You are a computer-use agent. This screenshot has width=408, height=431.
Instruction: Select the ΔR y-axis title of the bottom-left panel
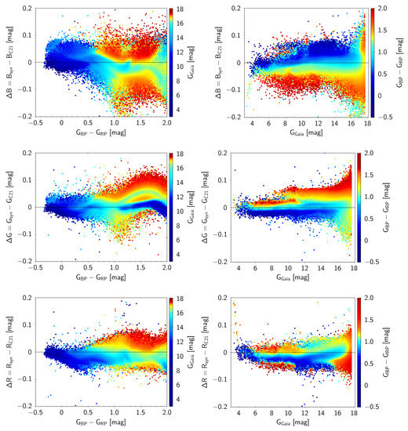click(x=7, y=352)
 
